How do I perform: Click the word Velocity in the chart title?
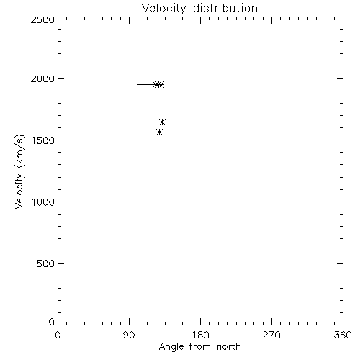(163, 9)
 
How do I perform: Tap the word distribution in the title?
(225, 9)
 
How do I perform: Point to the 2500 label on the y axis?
(42, 20)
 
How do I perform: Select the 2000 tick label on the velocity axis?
(42, 78)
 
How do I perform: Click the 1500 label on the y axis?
(43, 140)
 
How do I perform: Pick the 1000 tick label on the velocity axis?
(43, 202)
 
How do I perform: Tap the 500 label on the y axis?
(46, 264)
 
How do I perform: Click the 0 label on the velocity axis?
(52, 322)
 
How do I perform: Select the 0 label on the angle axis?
(58, 335)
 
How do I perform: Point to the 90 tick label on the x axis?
(129, 335)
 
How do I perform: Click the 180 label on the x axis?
(200, 335)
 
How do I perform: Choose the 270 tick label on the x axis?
(271, 335)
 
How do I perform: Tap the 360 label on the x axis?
(343, 335)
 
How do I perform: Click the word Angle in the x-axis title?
(171, 347)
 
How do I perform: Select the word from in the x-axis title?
(201, 346)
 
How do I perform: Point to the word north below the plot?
(229, 346)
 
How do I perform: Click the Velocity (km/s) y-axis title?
(19, 171)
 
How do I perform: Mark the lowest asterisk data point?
(159, 132)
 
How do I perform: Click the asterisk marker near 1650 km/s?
(163, 122)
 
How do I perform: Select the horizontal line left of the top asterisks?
(146, 84)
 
